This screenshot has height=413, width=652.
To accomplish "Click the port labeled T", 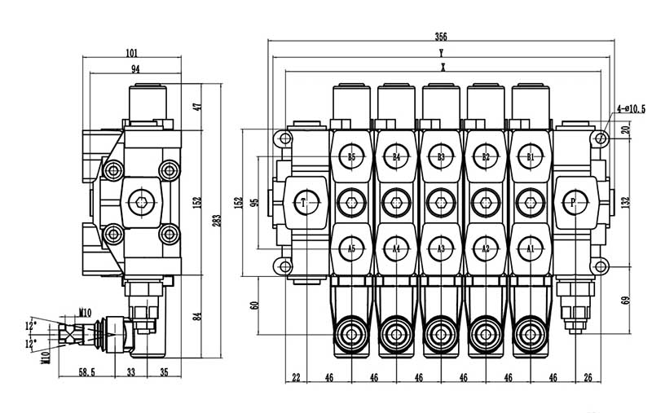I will point(304,202).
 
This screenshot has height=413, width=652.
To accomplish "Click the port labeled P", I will point(573,202).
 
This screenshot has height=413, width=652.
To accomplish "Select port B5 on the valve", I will point(351,157).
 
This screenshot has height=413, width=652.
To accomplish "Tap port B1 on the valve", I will point(530,157).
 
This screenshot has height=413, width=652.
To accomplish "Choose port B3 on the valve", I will point(441,157).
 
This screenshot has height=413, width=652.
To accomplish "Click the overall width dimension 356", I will point(441,37).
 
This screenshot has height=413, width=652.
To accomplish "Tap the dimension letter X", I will point(441,68).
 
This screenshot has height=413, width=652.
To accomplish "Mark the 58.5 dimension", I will point(88,372).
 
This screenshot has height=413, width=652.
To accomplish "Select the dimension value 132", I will point(624,202).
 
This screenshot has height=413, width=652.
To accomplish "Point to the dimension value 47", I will point(196,106).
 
